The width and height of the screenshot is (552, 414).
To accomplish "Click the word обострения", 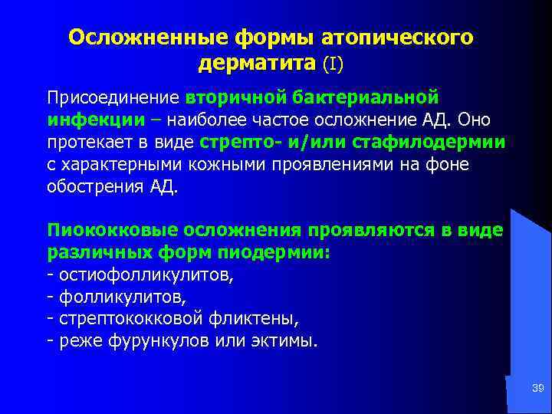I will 92,186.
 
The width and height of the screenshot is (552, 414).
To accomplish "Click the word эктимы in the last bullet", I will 284,340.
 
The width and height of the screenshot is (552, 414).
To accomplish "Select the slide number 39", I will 537,390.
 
